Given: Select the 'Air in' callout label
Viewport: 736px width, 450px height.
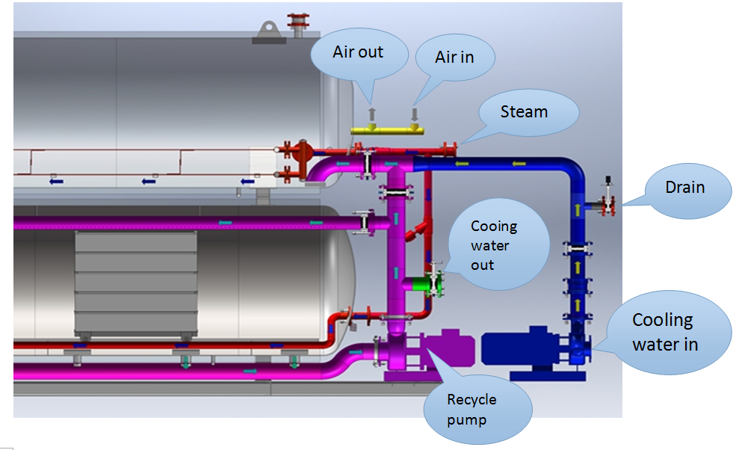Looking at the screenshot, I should (x=454, y=57).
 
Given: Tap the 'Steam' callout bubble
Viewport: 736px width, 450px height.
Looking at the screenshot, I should (x=525, y=112).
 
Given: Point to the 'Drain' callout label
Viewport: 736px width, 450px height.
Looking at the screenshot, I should (x=685, y=187).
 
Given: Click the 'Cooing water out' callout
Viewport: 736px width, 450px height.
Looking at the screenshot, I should (x=495, y=245).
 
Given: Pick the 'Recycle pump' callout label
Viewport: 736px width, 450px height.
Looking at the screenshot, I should (x=471, y=410).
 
